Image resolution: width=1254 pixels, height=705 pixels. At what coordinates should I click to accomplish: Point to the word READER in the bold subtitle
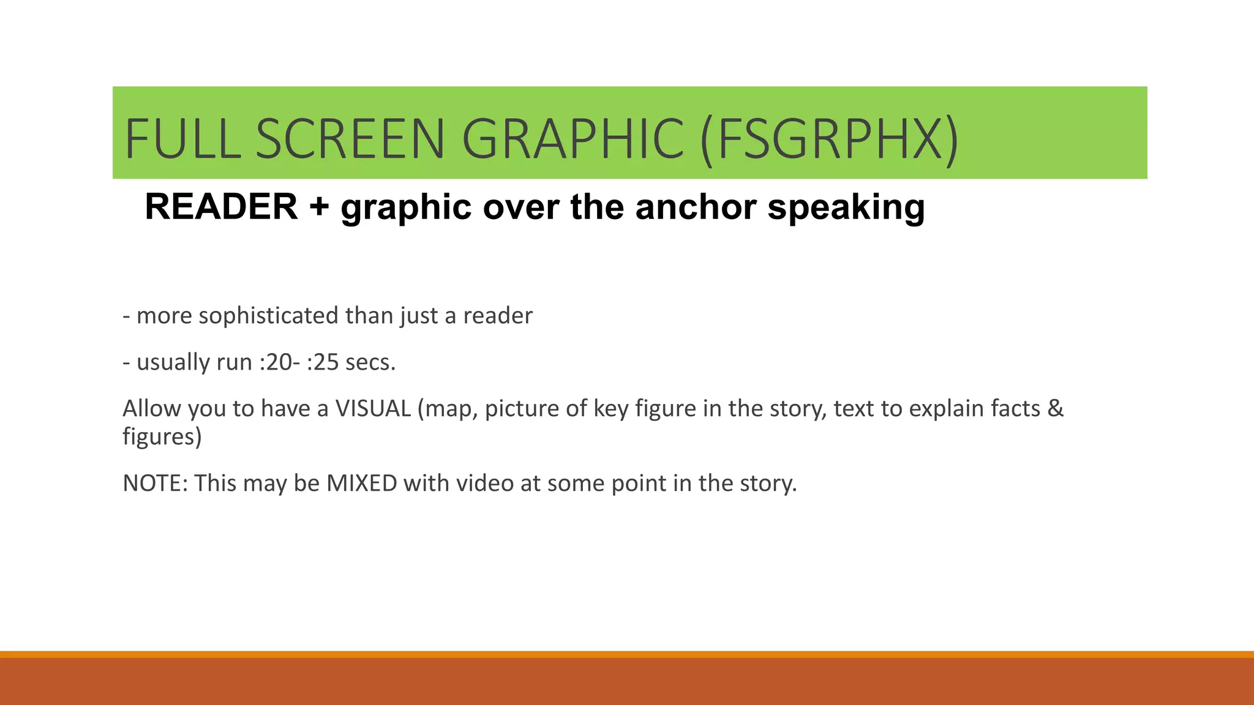coord(221,207)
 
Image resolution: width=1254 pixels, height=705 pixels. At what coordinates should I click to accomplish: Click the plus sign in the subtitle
coord(319,207)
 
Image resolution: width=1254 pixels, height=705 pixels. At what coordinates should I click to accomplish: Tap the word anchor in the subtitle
coord(696,207)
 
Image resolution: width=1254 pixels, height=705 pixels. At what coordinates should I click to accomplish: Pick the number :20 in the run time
coord(276,362)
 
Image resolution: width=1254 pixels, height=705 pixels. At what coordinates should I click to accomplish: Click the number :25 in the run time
coord(322,362)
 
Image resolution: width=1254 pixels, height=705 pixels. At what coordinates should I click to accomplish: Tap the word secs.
coord(370,362)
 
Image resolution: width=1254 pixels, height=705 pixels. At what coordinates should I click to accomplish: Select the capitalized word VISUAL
coord(373,409)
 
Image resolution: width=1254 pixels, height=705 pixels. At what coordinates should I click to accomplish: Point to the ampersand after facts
coord(1056,409)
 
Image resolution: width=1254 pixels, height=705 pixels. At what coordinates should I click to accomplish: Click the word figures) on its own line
coord(162,437)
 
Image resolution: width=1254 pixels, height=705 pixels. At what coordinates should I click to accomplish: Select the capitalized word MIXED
coord(362,483)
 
